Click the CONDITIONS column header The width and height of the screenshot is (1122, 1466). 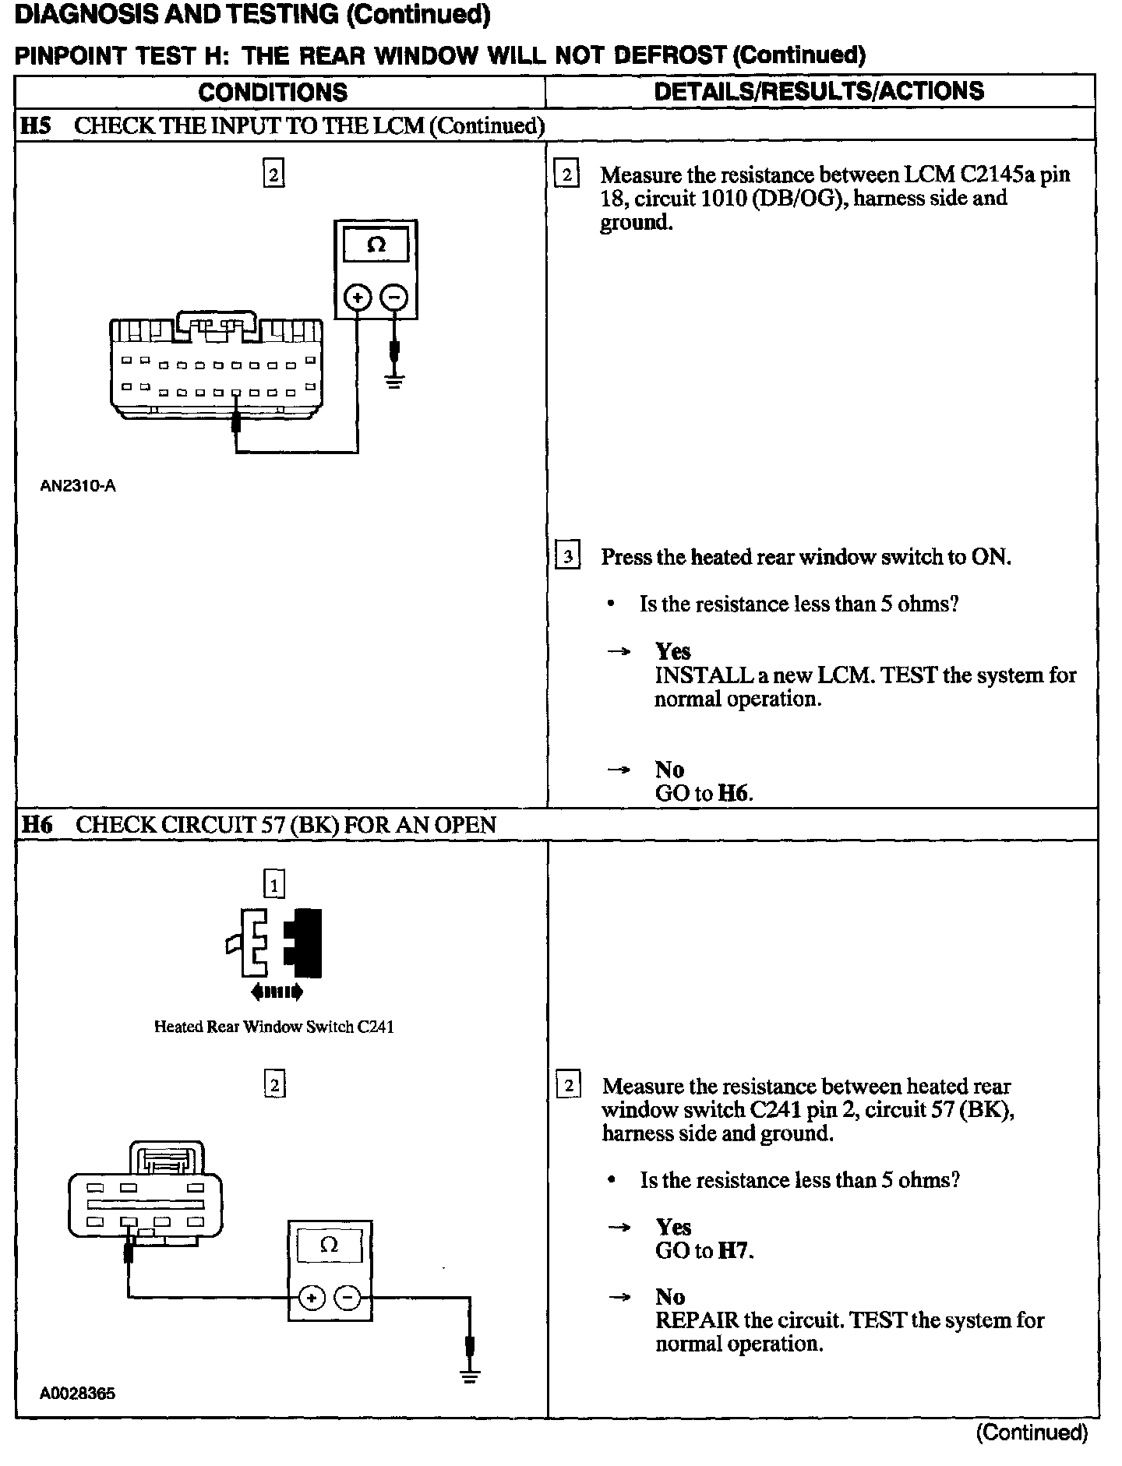coord(273,92)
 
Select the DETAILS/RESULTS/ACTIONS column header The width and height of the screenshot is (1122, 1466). coord(819,91)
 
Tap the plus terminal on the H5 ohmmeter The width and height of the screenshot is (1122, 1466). coord(358,297)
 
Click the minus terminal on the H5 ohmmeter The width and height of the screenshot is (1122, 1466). coord(395,297)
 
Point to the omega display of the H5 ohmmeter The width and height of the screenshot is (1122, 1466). coord(376,245)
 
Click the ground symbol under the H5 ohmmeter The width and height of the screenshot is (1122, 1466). coord(395,381)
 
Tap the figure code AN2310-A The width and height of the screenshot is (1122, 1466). coord(78,486)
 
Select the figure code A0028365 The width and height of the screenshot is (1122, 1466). coord(77,1394)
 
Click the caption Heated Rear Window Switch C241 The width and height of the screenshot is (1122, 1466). coord(273,1027)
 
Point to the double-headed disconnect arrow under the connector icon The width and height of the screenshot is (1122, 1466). coord(276,992)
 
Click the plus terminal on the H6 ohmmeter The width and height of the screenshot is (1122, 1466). coord(311,1298)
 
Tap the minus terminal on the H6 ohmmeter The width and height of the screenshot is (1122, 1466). coord(348,1298)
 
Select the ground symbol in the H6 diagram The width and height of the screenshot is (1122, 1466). coord(470,1375)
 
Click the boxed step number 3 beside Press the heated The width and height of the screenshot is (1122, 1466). coord(567,557)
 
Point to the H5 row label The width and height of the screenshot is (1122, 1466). coord(35,125)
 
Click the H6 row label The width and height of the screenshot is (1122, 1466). coord(36,825)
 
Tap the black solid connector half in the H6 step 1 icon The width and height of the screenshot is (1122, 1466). coord(305,943)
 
